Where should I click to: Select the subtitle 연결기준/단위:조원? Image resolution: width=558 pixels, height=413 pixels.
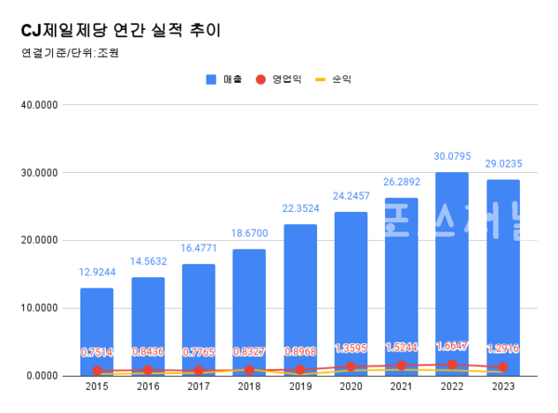click(x=69, y=52)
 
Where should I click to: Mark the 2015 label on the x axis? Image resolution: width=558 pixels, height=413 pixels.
click(x=97, y=385)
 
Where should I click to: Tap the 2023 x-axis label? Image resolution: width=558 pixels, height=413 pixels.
click(x=503, y=385)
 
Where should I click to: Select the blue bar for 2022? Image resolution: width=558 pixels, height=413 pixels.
click(x=452, y=260)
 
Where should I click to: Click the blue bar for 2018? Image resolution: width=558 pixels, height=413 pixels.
click(x=249, y=307)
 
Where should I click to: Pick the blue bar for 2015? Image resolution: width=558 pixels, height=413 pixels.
click(x=97, y=326)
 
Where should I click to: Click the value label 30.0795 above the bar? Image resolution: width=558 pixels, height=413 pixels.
click(x=452, y=155)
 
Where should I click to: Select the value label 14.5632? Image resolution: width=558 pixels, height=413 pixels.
click(x=147, y=260)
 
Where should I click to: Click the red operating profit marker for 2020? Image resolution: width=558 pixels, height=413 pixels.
click(x=351, y=366)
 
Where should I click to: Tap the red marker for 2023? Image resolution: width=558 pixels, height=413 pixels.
click(x=503, y=367)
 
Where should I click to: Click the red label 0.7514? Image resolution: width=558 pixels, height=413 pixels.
click(x=97, y=353)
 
